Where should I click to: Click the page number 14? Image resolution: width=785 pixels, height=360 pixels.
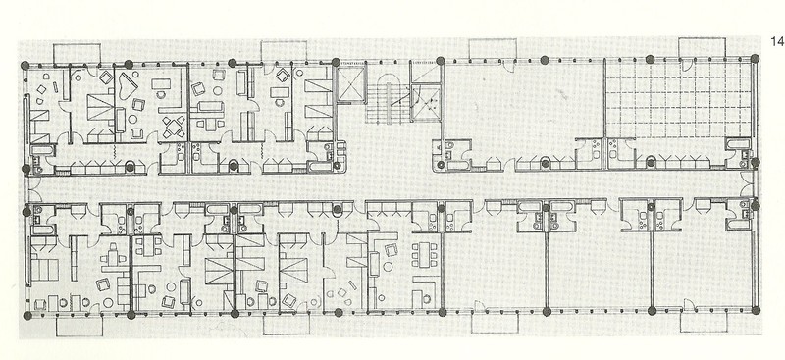click(776, 41)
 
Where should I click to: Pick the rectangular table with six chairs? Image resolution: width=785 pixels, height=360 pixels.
click(424, 255)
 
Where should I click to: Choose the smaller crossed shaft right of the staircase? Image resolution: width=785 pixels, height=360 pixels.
click(425, 104)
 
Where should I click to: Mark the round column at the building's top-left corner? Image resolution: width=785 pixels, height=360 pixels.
click(26, 65)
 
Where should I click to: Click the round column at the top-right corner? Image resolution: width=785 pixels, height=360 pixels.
click(755, 59)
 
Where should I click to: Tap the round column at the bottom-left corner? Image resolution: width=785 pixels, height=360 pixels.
click(27, 316)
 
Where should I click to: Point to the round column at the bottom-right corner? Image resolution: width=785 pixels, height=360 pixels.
click(756, 310)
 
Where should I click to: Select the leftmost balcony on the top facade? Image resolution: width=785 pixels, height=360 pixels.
click(77, 54)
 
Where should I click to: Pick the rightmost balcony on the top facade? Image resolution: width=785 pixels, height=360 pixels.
click(702, 47)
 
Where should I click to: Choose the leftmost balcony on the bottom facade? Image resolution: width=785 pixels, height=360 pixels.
click(79, 326)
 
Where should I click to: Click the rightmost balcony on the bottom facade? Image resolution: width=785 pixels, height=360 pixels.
click(704, 322)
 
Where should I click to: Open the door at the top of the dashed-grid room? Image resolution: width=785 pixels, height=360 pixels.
click(686, 65)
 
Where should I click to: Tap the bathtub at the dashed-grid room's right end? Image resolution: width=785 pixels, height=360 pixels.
click(738, 145)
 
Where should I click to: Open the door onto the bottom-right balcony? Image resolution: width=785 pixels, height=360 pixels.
click(689, 304)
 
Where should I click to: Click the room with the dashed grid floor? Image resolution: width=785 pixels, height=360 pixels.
click(678, 99)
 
